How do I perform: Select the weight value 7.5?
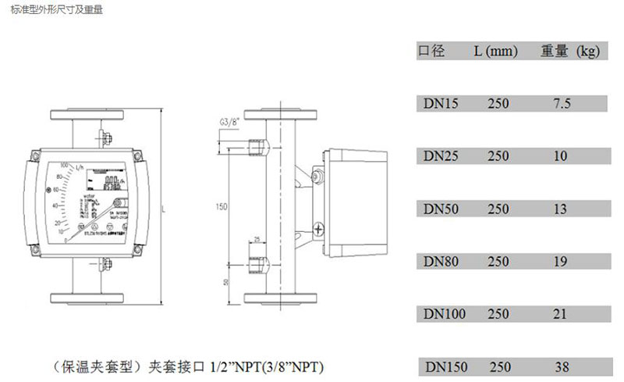coord(562,102)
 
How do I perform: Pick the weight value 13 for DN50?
coord(560,209)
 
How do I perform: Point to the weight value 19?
coord(560,262)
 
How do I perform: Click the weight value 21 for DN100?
coord(560,315)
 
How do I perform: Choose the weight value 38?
coord(562,367)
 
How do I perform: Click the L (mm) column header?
coord(496,52)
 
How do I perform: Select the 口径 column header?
coord(431,52)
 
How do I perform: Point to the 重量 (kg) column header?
coord(569,52)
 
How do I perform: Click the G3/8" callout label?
coord(229,122)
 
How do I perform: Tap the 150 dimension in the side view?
coord(222,207)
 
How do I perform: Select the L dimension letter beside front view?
coord(162,210)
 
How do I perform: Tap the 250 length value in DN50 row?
coord(498,209)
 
